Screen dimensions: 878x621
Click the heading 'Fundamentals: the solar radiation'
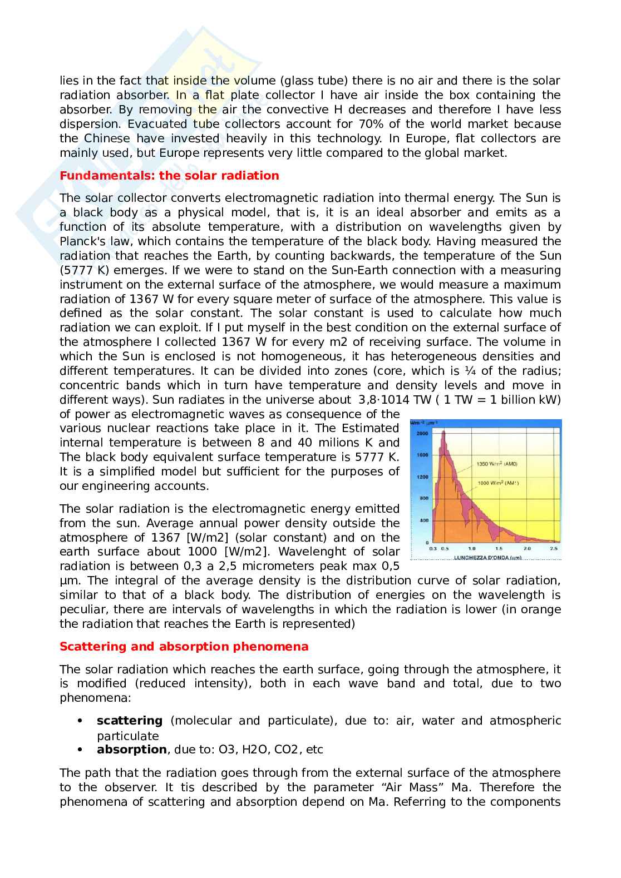(x=169, y=176)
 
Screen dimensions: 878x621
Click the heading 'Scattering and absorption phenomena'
(x=184, y=647)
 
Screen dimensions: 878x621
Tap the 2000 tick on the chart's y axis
(x=423, y=433)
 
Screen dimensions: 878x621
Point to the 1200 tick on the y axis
(x=423, y=477)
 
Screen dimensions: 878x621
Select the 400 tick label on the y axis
(x=425, y=520)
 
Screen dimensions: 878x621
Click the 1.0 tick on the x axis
(x=472, y=548)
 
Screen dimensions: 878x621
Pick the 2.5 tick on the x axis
(x=554, y=548)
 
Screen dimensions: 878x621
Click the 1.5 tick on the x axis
(x=499, y=548)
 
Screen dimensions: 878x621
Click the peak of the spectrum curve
(x=443, y=431)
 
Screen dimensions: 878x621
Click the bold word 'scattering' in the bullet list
(x=130, y=721)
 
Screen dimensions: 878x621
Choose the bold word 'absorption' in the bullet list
(x=131, y=750)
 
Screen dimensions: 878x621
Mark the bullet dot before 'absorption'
(x=81, y=750)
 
